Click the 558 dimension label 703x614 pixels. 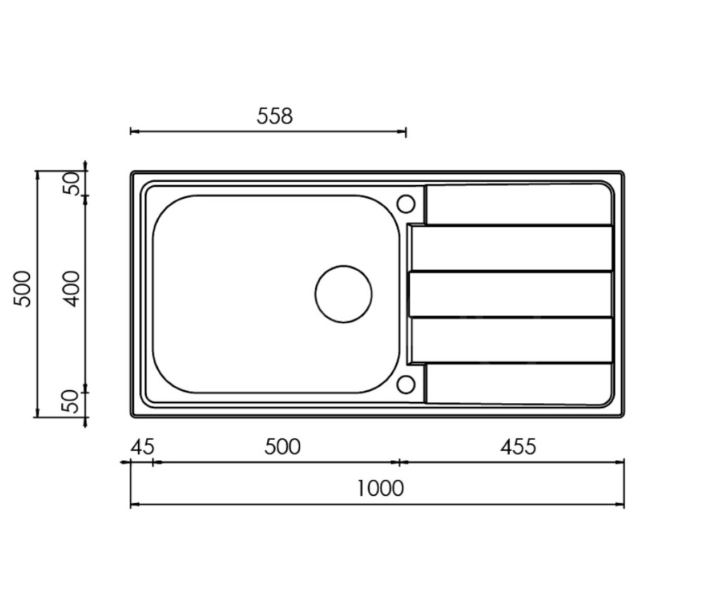pyautogui.click(x=274, y=116)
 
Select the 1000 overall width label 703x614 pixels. pyautogui.click(x=380, y=488)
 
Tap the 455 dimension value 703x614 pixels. pyautogui.click(x=518, y=447)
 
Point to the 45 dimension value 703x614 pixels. pyautogui.click(x=143, y=447)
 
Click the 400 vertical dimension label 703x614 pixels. pyautogui.click(x=72, y=289)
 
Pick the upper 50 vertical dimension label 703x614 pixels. pyautogui.click(x=72, y=183)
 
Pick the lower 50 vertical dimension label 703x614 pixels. pyautogui.click(x=72, y=401)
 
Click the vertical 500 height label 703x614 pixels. pyautogui.click(x=22, y=289)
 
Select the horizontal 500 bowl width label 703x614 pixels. pyautogui.click(x=283, y=447)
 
